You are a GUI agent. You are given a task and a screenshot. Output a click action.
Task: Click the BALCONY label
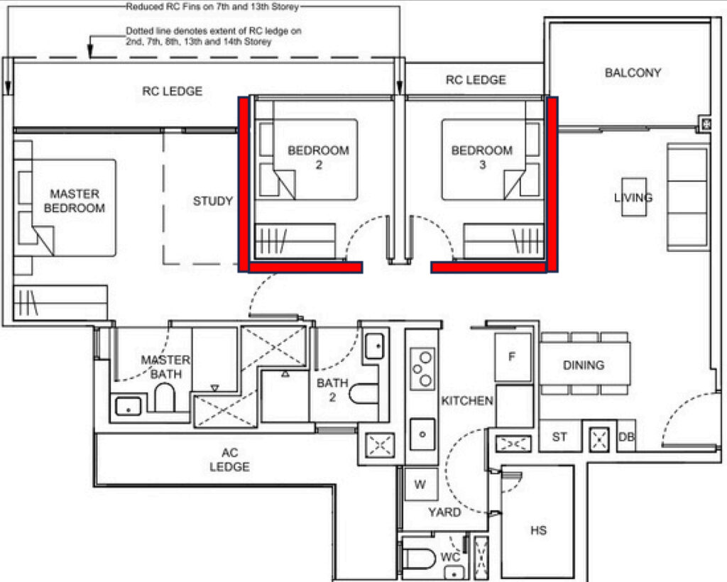point(633,72)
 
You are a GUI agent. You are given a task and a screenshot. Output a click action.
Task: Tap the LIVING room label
point(633,198)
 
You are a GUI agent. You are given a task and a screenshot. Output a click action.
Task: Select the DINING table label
point(584,365)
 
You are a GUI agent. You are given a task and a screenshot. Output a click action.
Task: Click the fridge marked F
point(513,357)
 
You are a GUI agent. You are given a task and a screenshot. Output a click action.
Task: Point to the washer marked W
point(421,484)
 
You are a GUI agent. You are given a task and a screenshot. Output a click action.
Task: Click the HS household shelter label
point(538,530)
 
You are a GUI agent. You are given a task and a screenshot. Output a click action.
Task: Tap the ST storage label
point(559,437)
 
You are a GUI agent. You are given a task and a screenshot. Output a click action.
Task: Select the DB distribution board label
point(626,437)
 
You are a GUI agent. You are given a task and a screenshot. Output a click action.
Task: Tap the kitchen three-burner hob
point(422,369)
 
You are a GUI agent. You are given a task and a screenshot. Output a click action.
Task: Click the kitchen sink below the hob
point(422,434)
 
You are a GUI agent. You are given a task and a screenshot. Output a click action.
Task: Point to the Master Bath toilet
point(165,397)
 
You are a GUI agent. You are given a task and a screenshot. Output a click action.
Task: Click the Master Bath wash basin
point(128,407)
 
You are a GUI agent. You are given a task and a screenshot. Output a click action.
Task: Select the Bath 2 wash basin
point(375,346)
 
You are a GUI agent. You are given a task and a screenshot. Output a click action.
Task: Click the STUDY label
point(213,201)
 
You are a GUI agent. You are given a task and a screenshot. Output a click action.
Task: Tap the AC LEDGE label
point(229,460)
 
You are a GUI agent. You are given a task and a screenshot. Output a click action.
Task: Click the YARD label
point(444,512)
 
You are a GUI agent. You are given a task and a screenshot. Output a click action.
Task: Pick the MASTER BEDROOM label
point(74,201)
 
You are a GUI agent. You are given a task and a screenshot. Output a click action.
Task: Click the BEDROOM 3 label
point(482,157)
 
